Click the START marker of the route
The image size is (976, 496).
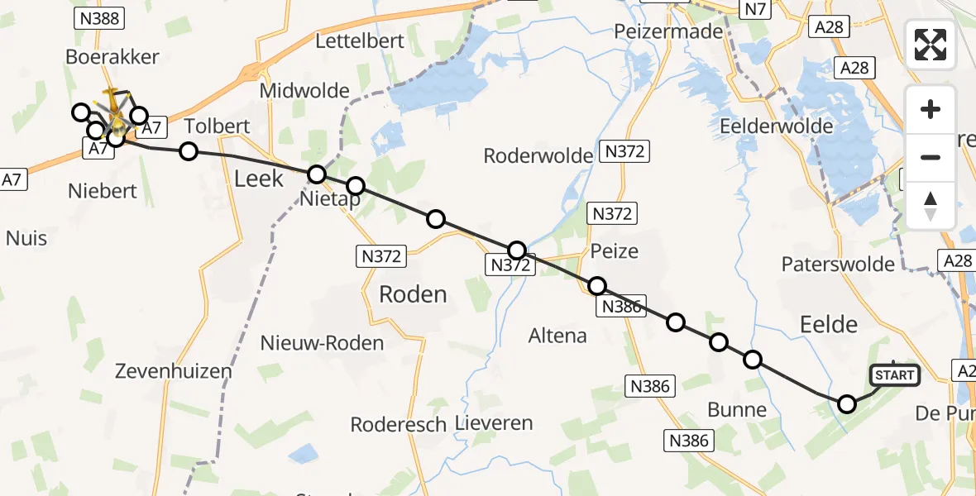(x=894, y=375)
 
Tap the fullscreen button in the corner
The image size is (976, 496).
(x=931, y=44)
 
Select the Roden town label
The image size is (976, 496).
(x=413, y=293)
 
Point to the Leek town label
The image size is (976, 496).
(x=259, y=178)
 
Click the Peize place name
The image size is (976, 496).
(x=615, y=250)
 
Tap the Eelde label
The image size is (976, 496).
(x=830, y=323)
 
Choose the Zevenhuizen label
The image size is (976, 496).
(x=175, y=371)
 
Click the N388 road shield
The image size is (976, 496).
(x=98, y=18)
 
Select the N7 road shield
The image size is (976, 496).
(x=754, y=10)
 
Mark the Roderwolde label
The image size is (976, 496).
(x=538, y=155)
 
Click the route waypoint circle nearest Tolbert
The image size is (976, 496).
(x=189, y=150)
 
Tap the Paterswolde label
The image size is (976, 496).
(x=838, y=265)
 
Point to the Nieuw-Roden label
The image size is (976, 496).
(x=322, y=342)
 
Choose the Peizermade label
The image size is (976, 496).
(x=668, y=31)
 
